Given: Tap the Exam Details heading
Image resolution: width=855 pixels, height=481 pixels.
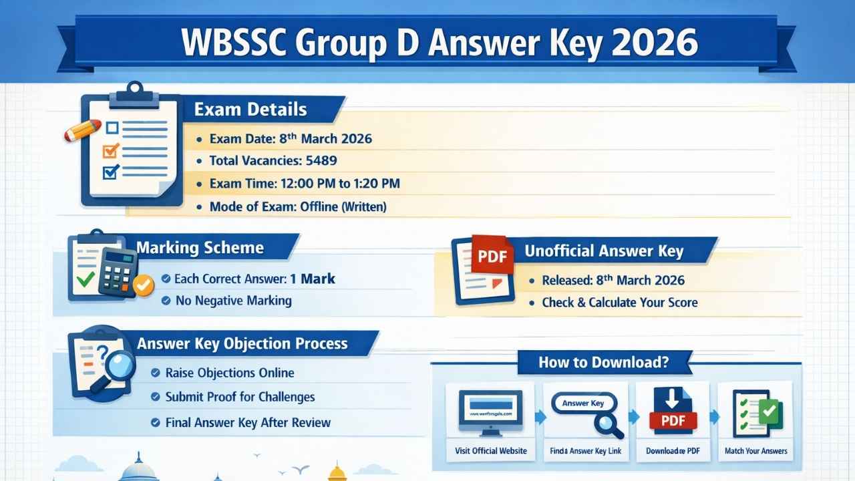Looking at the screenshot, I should pos(250,110).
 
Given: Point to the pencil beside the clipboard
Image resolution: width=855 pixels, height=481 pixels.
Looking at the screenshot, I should pos(82,130).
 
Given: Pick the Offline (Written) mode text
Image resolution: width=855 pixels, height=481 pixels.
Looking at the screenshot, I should pos(341,207).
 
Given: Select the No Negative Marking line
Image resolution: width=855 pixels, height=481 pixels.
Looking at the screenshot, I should pos(233,301).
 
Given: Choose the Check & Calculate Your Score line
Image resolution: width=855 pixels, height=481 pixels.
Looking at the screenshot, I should pos(619,303).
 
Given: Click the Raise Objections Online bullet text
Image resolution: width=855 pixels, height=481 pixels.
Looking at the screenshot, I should pos(230,373).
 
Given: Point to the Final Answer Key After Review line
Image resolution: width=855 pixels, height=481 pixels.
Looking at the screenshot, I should pos(248,422).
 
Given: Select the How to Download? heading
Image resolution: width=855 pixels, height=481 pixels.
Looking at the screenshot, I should pos(604,363).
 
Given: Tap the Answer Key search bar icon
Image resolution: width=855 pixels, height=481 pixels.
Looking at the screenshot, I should pos(583,404).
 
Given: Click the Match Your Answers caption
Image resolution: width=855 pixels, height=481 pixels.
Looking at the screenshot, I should pos(755,451).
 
